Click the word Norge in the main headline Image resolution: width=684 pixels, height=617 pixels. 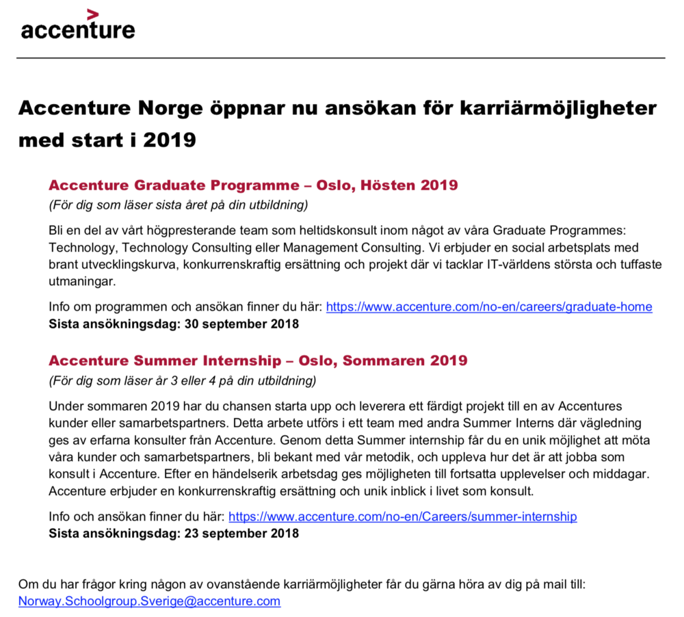168,109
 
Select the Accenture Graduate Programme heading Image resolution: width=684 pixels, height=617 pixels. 253,185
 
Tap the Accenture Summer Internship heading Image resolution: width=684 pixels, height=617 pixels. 258,360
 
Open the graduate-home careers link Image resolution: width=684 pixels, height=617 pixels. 489,307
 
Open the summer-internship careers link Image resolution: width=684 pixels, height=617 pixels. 402,516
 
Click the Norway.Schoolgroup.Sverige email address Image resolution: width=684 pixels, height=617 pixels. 149,601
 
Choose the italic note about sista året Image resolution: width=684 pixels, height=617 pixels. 179,205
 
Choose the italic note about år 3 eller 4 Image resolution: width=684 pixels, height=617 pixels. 183,380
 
